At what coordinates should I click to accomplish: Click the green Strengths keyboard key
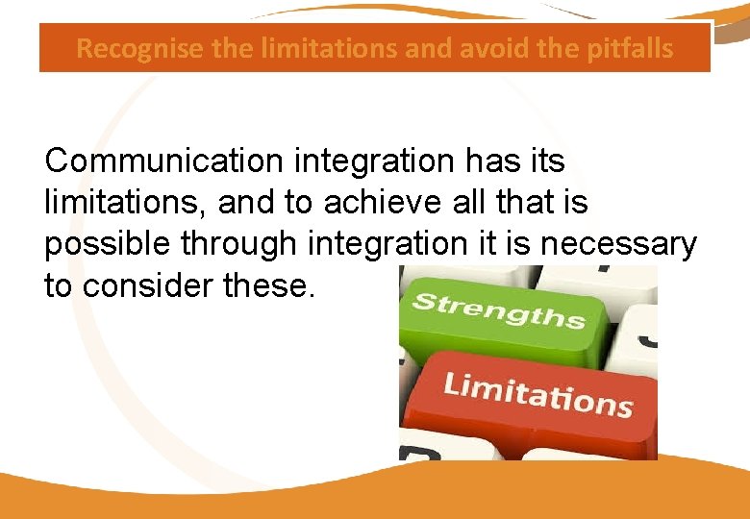point(500,313)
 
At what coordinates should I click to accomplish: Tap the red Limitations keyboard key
point(537,394)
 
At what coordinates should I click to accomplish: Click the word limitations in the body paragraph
point(126,203)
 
